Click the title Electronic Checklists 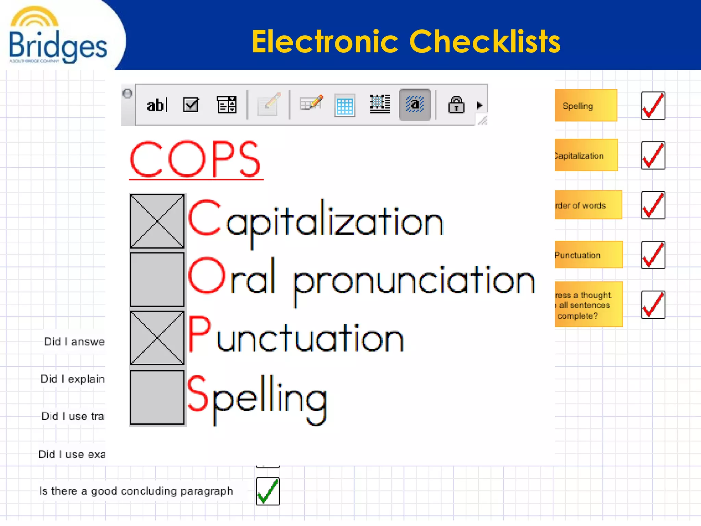click(406, 41)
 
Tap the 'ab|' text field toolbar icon click(157, 105)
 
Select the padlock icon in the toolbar click(456, 105)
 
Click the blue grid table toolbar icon click(345, 105)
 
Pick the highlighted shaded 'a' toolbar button click(415, 104)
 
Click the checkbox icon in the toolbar click(191, 105)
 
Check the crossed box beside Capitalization click(157, 221)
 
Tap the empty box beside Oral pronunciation click(157, 279)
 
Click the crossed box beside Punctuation click(157, 338)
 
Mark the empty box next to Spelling click(157, 397)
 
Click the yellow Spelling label click(586, 106)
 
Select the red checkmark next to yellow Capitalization click(653, 155)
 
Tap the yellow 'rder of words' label click(588, 205)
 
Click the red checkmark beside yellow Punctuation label click(653, 255)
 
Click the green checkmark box click(268, 491)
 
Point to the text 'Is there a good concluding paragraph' click(136, 491)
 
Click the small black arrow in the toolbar click(479, 105)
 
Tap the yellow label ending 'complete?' click(588, 305)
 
